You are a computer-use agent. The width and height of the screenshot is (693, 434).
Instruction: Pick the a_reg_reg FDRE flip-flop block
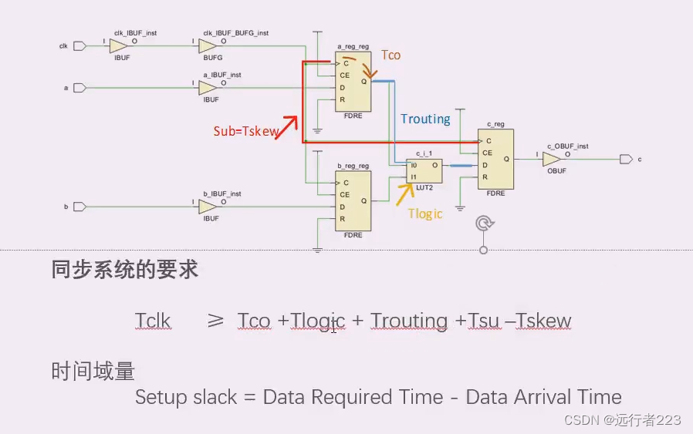click(x=353, y=82)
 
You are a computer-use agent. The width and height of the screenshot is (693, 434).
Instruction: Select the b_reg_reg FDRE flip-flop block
click(x=353, y=200)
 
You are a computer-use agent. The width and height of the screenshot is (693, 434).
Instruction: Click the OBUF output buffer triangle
click(x=552, y=160)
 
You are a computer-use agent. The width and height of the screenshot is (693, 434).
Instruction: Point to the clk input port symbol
click(x=79, y=47)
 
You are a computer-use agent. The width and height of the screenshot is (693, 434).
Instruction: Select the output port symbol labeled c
click(x=625, y=160)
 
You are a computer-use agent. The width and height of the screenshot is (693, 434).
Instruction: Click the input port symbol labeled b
click(x=79, y=207)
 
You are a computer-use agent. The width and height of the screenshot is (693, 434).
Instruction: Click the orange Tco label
click(x=391, y=56)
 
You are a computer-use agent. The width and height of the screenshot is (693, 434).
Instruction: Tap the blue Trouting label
click(x=425, y=119)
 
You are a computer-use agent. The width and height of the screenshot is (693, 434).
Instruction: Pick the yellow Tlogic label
click(x=425, y=214)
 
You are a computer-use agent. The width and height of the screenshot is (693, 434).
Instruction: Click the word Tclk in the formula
click(x=153, y=321)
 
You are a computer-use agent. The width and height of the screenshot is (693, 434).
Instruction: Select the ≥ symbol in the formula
click(x=215, y=321)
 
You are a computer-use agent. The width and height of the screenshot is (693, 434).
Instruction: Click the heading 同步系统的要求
click(x=125, y=270)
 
